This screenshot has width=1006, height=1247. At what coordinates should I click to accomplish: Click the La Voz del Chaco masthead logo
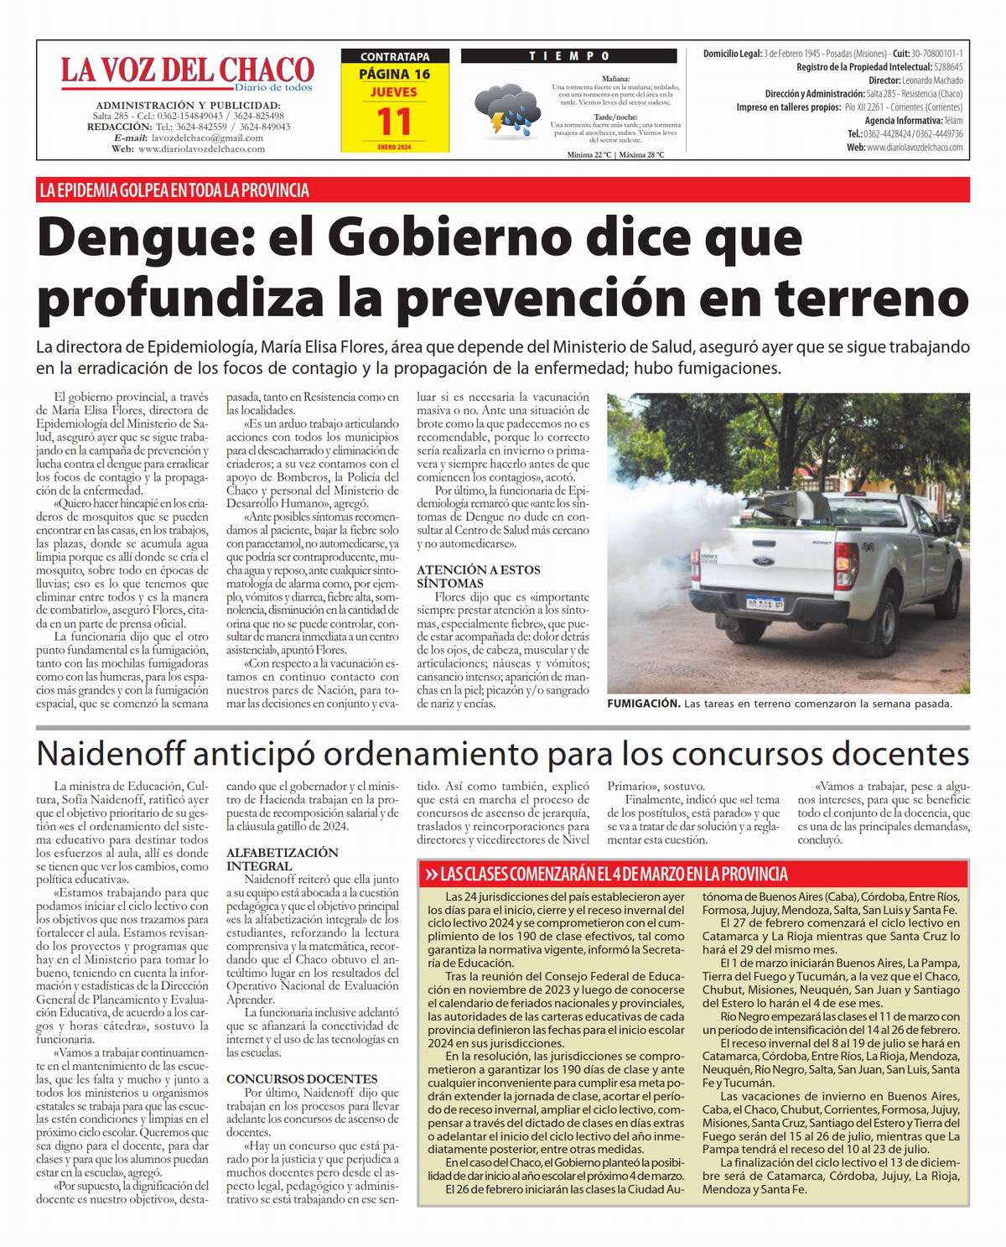click(x=186, y=70)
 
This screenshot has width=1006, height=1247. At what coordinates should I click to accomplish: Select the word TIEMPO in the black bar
click(x=569, y=56)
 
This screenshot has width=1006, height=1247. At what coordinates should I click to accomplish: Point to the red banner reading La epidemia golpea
click(x=174, y=190)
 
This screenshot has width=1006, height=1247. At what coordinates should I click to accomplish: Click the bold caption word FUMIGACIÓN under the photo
click(x=643, y=704)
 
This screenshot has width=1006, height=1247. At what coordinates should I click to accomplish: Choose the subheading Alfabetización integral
click(x=282, y=859)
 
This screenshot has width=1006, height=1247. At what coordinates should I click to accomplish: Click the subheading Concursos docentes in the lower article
click(x=302, y=1078)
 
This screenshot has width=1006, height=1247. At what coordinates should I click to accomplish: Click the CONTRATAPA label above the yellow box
click(x=394, y=57)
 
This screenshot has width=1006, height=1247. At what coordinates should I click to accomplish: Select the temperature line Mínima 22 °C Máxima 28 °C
click(x=615, y=155)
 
